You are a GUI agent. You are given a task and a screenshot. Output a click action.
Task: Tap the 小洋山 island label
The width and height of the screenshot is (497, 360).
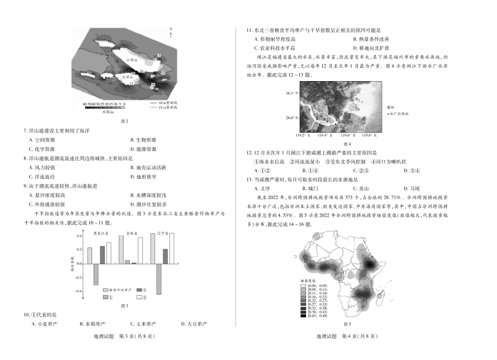[131, 60]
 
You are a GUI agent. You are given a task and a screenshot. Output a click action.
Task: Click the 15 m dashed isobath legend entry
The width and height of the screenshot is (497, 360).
[163, 107]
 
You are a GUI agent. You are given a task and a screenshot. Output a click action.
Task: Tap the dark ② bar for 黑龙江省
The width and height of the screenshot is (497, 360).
[102, 255]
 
